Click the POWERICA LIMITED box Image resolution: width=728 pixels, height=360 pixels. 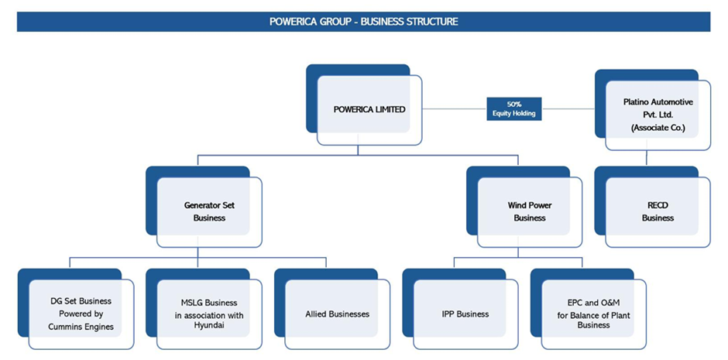pyautogui.click(x=369, y=109)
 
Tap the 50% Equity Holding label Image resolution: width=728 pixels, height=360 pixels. pyautogui.click(x=513, y=108)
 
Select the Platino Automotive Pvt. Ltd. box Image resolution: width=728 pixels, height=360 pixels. pyautogui.click(x=658, y=114)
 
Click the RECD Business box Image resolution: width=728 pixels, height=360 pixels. pyautogui.click(x=658, y=212)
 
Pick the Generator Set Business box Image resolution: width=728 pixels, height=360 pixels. pyautogui.click(x=209, y=211)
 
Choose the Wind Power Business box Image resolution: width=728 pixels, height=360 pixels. pyautogui.click(x=530, y=211)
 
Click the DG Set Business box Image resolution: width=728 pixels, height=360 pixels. pyautogui.click(x=81, y=314)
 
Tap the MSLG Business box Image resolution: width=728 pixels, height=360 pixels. pyautogui.click(x=208, y=314)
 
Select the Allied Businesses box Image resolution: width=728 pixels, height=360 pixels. pyautogui.click(x=337, y=314)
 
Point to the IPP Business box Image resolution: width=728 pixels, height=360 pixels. pyautogui.click(x=465, y=314)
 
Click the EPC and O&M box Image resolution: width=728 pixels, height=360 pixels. pyautogui.click(x=593, y=314)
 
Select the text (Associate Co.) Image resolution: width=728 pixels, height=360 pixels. pyautogui.click(x=658, y=126)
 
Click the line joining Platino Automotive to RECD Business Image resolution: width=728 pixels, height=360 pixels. pyautogui.click(x=647, y=158)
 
